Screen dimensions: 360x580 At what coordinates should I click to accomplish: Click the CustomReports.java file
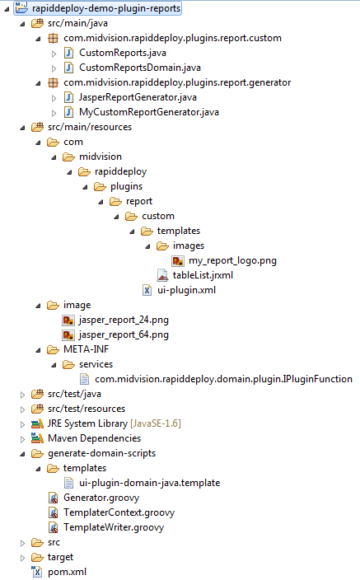pyautogui.click(x=123, y=53)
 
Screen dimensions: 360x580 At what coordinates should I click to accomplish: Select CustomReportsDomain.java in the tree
pyautogui.click(x=140, y=68)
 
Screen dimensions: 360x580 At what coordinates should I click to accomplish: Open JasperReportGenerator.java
pyautogui.click(x=138, y=97)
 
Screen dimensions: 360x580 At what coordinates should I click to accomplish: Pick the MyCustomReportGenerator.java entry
pyautogui.click(x=149, y=112)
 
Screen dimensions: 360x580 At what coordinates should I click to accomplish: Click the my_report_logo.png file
pyautogui.click(x=232, y=261)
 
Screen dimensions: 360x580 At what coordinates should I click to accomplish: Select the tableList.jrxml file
pyautogui.click(x=203, y=275)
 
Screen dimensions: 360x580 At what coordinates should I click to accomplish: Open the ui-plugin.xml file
pyautogui.click(x=186, y=290)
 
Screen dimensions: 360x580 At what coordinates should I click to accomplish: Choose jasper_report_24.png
pyautogui.click(x=124, y=320)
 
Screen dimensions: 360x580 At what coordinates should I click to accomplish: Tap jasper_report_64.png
pyautogui.click(x=124, y=334)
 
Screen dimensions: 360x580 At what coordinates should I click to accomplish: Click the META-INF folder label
pyautogui.click(x=86, y=349)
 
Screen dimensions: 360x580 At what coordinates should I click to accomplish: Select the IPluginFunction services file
pyautogui.click(x=223, y=379)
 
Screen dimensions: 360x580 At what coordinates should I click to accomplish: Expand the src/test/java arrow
pyautogui.click(x=22, y=395)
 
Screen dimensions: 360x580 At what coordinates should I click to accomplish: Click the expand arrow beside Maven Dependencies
pyautogui.click(x=22, y=439)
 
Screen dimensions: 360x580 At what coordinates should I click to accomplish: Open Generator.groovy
pyautogui.click(x=101, y=498)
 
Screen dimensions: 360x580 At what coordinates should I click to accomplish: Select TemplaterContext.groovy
pyautogui.click(x=119, y=512)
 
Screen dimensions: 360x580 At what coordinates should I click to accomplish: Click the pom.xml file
pyautogui.click(x=67, y=572)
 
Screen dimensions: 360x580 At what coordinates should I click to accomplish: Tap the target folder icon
pyautogui.click(x=37, y=557)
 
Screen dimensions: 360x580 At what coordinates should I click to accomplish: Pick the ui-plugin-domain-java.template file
pyautogui.click(x=149, y=483)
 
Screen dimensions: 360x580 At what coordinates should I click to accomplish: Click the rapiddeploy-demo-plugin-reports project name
pyautogui.click(x=106, y=8)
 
